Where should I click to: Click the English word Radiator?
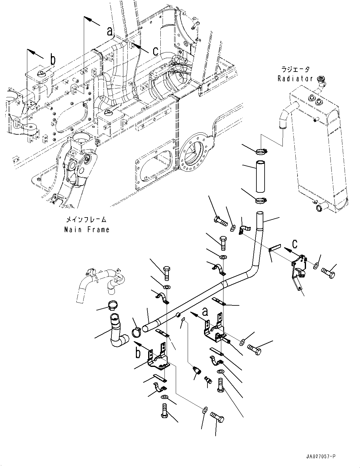[x=295, y=78]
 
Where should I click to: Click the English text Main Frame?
[x=87, y=230]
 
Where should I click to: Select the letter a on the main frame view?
[x=110, y=31]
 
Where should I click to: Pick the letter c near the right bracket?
[x=294, y=244]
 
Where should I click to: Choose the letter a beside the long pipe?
[x=205, y=312]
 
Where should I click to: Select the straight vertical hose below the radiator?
[x=260, y=176]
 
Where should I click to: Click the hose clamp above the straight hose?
[x=261, y=152]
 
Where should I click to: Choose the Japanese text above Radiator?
[x=295, y=69]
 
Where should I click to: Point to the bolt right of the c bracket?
[x=328, y=273]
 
